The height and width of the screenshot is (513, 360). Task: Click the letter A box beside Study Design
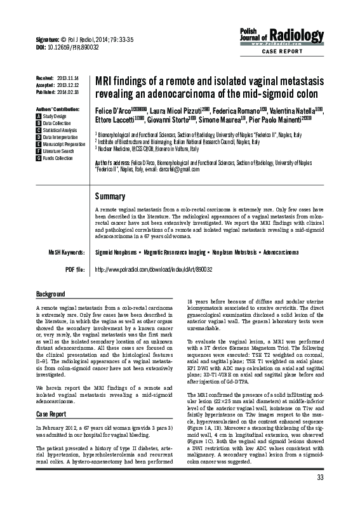[39, 117]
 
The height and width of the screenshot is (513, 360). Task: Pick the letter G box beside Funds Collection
[39, 157]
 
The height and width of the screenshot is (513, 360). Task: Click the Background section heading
[50, 295]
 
